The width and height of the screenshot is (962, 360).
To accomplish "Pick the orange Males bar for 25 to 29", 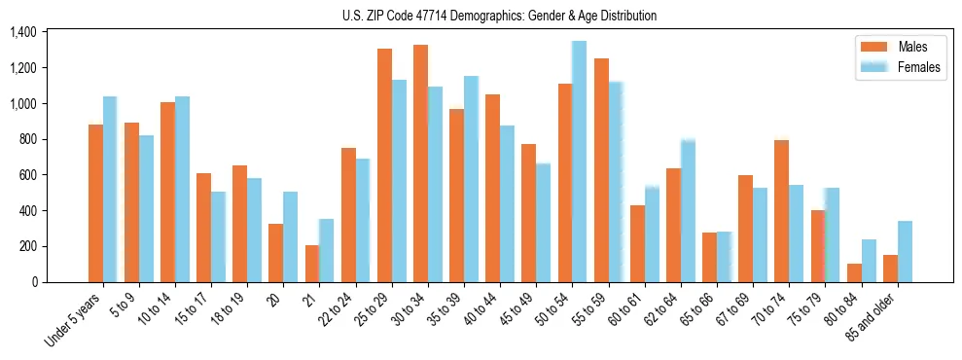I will point(384,165).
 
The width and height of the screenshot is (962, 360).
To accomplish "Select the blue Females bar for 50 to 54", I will point(579,162).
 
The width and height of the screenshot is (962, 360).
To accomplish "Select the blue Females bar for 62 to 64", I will point(688,210).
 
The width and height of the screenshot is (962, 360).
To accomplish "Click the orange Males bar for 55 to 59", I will point(601,170).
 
